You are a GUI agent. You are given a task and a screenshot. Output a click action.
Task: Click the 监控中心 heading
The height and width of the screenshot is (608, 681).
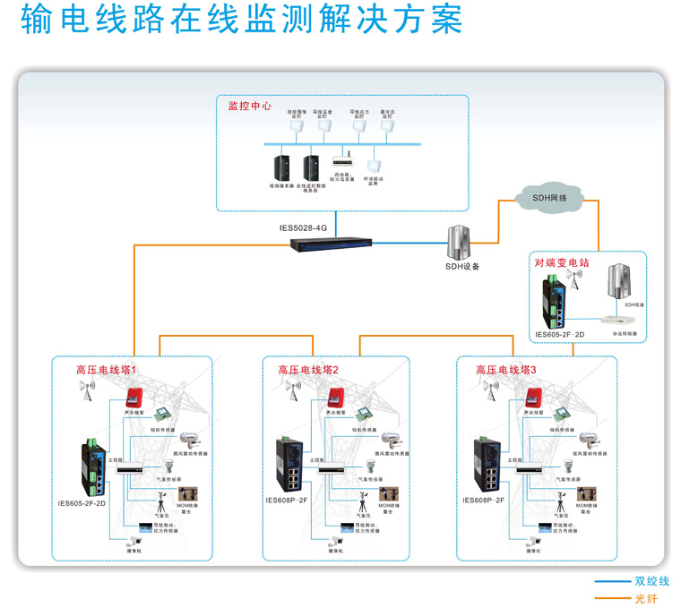250,106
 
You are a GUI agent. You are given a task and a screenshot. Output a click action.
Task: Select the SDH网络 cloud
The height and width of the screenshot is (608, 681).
549,199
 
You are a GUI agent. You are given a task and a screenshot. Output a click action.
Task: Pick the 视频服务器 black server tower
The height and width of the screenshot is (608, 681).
279,168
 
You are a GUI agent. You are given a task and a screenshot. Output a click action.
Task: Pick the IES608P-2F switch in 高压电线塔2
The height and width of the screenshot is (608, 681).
293,466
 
